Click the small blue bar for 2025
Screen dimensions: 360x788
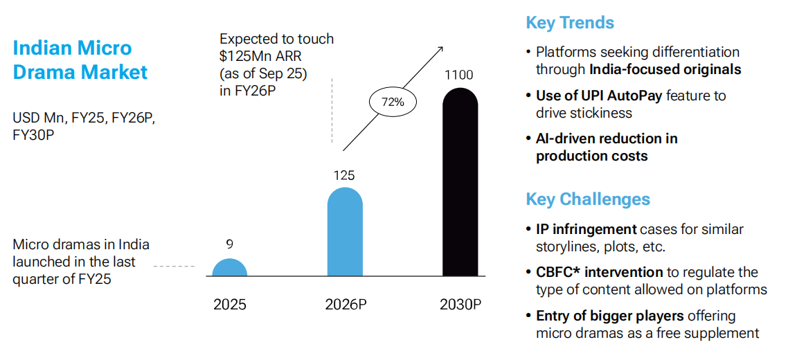(x=229, y=268)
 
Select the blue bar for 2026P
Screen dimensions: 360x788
(x=344, y=233)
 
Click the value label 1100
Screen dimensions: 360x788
(x=460, y=75)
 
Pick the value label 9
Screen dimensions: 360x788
(x=229, y=244)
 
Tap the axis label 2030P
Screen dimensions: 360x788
(x=460, y=305)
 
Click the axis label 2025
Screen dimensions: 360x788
(x=229, y=305)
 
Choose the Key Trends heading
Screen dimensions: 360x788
(x=570, y=23)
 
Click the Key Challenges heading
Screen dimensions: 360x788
(x=588, y=199)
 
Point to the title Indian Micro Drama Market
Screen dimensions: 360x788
(x=80, y=60)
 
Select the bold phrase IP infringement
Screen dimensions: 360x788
(x=586, y=229)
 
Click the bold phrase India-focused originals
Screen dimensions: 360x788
(x=665, y=69)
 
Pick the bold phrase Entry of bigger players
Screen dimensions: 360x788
(x=609, y=316)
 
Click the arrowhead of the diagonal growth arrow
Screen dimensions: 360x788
(x=440, y=48)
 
